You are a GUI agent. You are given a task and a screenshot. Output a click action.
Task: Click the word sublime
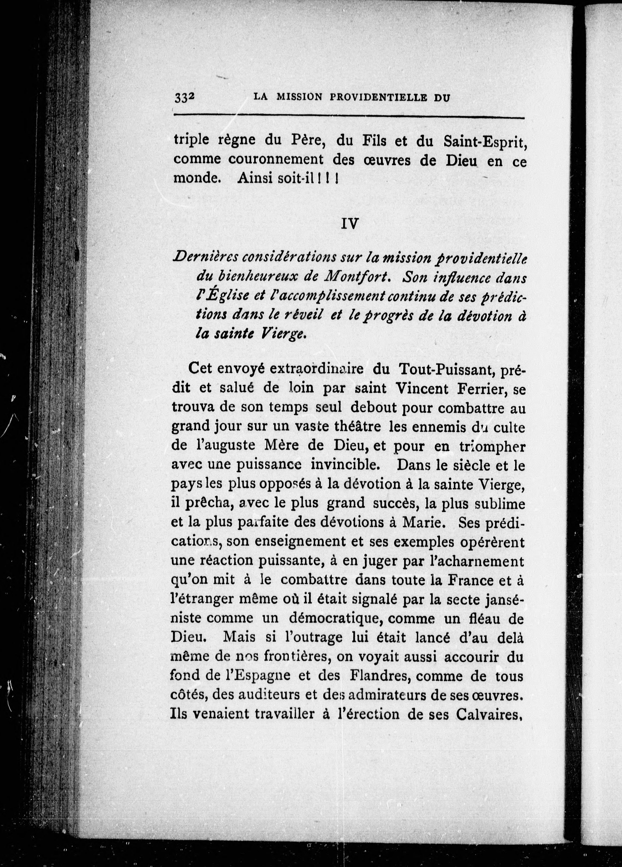(x=500, y=503)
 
